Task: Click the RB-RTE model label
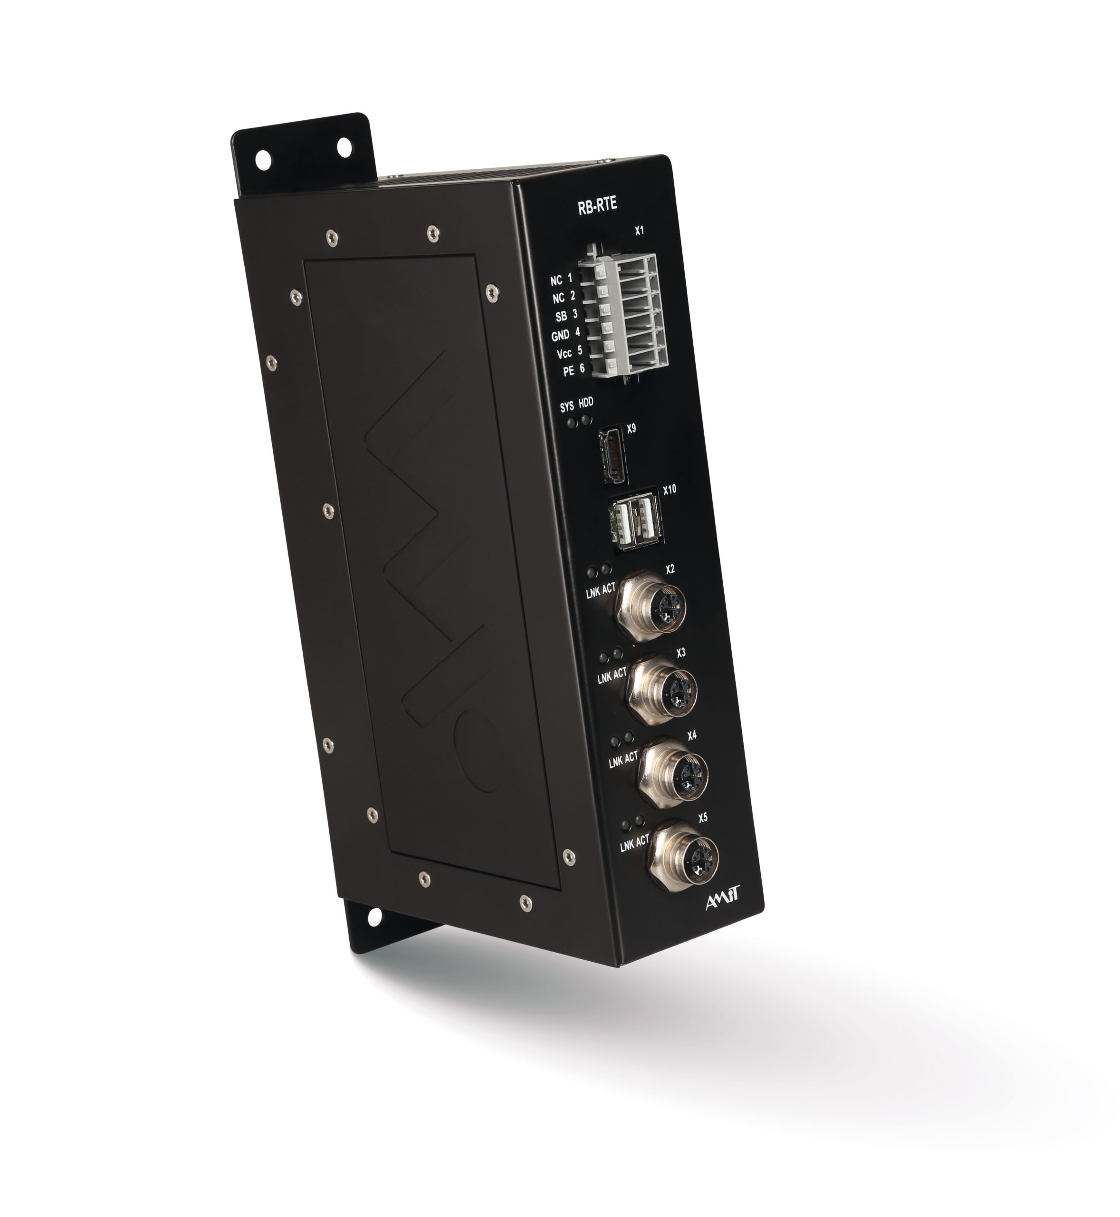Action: pos(598,205)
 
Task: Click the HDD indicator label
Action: pos(586,403)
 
